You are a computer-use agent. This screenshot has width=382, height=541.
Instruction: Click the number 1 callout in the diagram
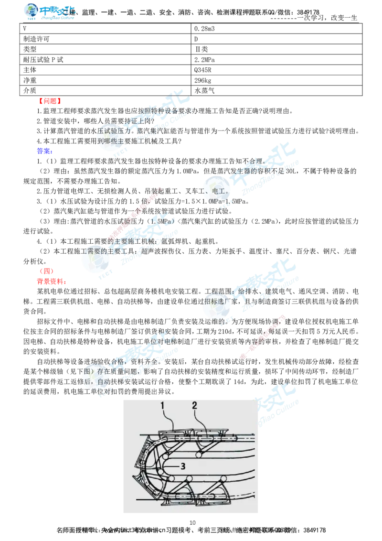pyautogui.click(x=162, y=406)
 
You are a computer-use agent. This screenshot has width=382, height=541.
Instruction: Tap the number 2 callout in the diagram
pyautogui.click(x=194, y=406)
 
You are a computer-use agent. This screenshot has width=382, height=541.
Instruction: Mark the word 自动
pyautogui.click(x=106, y=382)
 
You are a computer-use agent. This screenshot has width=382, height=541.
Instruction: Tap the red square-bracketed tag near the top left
pyautogui.click(x=50, y=101)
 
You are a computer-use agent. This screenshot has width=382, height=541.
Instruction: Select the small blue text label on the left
pyautogui.click(x=43, y=151)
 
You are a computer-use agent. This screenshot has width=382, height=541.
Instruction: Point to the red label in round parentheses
pyautogui.click(x=46, y=271)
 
